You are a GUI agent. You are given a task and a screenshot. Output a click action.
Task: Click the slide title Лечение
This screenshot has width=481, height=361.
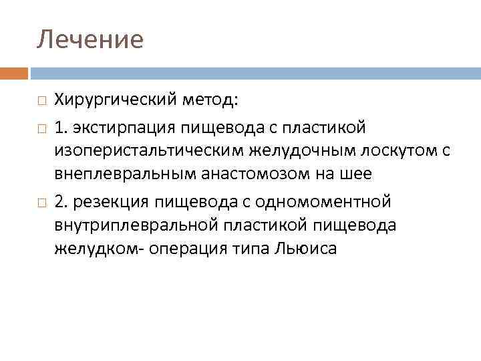coord(90,39)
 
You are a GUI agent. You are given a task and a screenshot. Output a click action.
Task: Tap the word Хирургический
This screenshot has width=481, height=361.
coord(115,101)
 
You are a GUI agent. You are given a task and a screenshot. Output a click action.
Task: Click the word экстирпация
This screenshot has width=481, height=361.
coord(128,126)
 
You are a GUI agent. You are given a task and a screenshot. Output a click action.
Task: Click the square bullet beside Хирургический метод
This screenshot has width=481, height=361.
coord(41,102)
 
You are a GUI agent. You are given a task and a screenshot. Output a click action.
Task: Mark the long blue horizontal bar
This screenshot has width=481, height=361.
coord(254,73)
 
